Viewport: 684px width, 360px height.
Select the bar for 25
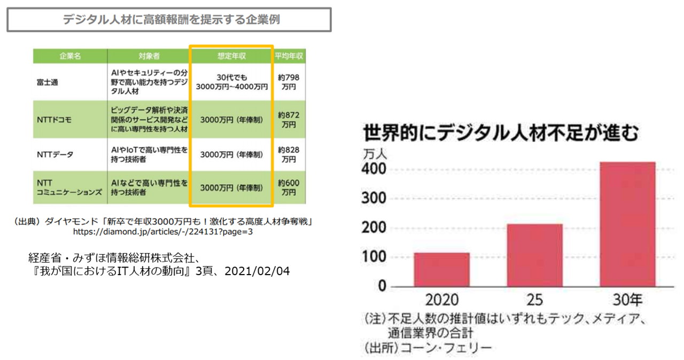click(x=534, y=255)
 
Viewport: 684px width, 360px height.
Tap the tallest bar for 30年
click(x=627, y=224)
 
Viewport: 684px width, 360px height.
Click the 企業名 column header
click(x=70, y=56)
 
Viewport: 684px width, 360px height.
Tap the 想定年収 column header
click(x=231, y=56)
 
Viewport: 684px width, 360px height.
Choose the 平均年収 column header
click(x=290, y=56)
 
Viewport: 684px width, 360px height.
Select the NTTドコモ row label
click(x=53, y=120)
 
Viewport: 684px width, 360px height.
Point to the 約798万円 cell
click(x=290, y=82)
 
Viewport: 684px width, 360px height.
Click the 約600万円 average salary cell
click(x=290, y=187)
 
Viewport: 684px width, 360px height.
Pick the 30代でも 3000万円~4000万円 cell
click(x=231, y=82)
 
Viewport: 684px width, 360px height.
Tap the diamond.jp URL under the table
click(x=163, y=232)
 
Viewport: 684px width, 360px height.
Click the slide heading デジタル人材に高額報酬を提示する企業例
click(x=169, y=20)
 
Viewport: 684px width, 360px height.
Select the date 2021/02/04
click(x=258, y=271)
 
